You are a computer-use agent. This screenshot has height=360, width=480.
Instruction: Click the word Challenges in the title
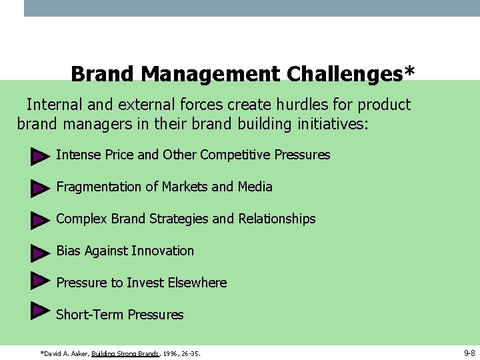tap(350, 73)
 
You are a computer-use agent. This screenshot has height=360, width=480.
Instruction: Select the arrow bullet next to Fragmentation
tap(41, 189)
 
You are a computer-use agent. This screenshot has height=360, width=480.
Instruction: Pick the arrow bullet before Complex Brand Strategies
tap(41, 221)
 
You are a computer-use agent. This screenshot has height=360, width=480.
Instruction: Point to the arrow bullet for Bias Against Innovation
tap(41, 253)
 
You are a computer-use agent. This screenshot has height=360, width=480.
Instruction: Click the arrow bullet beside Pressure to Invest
tap(41, 280)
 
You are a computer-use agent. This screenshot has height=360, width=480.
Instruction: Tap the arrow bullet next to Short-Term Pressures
tap(41, 310)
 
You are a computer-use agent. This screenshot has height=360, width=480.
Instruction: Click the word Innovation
tap(163, 251)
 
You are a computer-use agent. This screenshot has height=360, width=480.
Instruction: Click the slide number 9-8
tap(469, 351)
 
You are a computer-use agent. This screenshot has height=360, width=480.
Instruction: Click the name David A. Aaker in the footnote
tap(65, 353)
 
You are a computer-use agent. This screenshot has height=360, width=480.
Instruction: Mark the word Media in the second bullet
tap(255, 187)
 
